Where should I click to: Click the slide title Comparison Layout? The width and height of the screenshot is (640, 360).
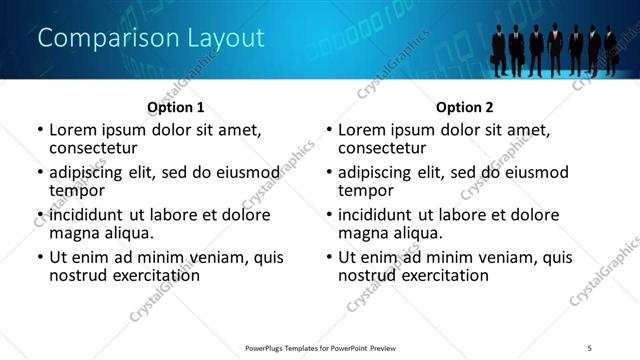click(151, 39)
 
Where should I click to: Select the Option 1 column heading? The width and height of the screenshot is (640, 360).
click(176, 106)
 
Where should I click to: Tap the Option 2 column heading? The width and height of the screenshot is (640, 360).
click(464, 106)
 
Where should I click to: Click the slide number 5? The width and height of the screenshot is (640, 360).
click(603, 348)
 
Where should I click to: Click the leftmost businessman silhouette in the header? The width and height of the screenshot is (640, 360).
click(499, 50)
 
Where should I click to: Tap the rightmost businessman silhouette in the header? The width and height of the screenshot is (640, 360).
click(610, 50)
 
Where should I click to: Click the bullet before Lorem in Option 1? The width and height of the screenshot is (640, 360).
click(39, 131)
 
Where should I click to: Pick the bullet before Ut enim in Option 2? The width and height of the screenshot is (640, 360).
click(328, 258)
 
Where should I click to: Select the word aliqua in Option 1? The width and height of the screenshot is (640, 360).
click(127, 234)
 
